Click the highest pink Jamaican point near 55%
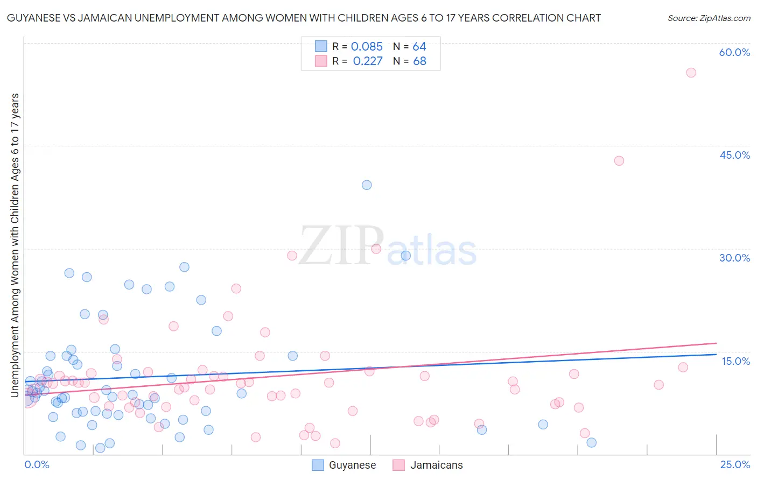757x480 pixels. click(x=691, y=73)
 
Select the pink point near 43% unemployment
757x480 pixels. click(x=619, y=161)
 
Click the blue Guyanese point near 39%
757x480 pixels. click(x=367, y=185)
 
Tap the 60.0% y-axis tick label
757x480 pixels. click(x=734, y=52)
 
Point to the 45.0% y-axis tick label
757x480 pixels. click(x=734, y=155)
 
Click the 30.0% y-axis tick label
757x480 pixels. click(x=734, y=258)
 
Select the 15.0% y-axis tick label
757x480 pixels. click(x=735, y=361)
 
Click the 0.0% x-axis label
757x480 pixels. click(x=37, y=464)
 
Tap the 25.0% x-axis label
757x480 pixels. click(x=735, y=464)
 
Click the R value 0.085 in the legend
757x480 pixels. click(x=367, y=47)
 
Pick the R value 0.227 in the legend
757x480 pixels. click(x=368, y=61)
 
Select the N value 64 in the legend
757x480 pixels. click(x=419, y=47)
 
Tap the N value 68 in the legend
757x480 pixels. click(x=419, y=61)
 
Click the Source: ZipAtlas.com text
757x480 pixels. click(x=709, y=18)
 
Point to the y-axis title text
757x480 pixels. click(x=15, y=245)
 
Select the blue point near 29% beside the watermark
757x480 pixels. click(x=405, y=256)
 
